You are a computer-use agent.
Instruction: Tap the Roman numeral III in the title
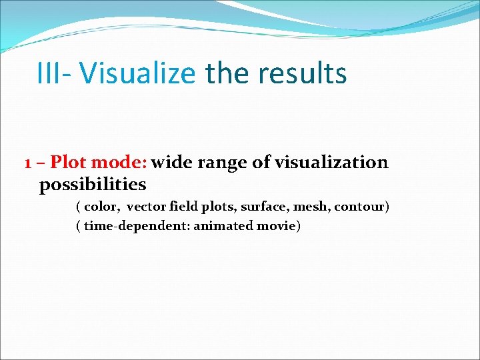pyautogui.click(x=49, y=73)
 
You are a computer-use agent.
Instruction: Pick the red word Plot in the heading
pyautogui.click(x=69, y=163)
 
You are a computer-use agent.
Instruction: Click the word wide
pyautogui.click(x=172, y=163)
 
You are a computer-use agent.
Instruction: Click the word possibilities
pyautogui.click(x=93, y=184)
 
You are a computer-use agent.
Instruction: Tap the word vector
pyautogui.click(x=146, y=207)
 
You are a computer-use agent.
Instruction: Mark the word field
pyautogui.click(x=183, y=207)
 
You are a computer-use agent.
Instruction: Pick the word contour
pyautogui.click(x=360, y=207)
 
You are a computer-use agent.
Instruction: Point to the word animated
pyautogui.click(x=223, y=226)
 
